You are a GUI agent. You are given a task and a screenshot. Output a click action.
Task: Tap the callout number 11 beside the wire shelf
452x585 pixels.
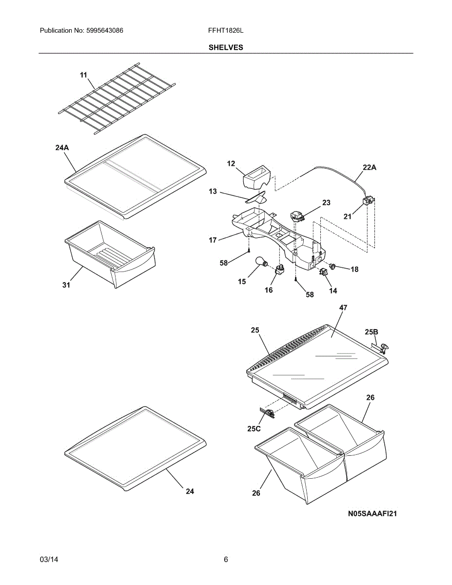[x=83, y=75]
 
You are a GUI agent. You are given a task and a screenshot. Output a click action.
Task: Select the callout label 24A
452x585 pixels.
[x=62, y=148]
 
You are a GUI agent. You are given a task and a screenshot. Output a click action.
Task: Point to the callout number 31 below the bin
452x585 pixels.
[x=66, y=285]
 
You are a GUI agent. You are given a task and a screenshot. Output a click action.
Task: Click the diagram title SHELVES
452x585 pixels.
[x=226, y=47]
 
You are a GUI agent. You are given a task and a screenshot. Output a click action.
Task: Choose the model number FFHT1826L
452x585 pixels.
[x=226, y=30]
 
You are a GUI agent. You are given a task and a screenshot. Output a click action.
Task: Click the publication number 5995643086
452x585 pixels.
[x=105, y=30]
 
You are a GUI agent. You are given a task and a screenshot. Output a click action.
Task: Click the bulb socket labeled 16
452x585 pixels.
[x=279, y=269]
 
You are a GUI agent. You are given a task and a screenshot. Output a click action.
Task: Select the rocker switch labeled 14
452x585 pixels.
[x=323, y=272]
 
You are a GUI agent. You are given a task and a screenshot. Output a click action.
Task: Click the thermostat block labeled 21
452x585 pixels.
[x=368, y=201]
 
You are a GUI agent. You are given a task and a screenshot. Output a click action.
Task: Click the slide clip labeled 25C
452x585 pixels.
[x=268, y=413]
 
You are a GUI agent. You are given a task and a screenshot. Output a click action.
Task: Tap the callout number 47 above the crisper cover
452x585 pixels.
[x=343, y=308]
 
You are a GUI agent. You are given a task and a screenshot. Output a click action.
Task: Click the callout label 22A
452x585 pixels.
[x=370, y=167]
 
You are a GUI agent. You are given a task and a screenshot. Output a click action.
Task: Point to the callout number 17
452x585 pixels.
[x=213, y=240]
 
